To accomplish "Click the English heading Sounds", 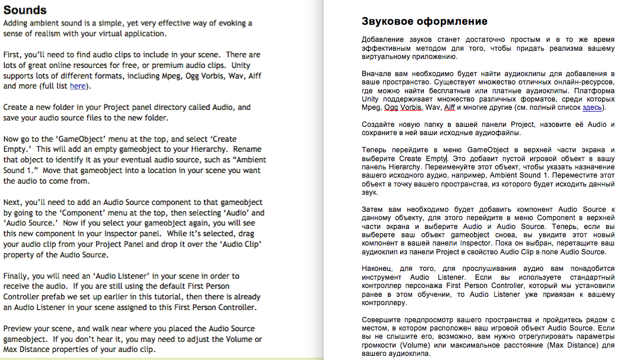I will (x=25, y=10).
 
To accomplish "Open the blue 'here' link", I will (x=78, y=86).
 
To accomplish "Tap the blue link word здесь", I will (x=592, y=107).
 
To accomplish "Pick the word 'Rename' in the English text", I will (x=247, y=149).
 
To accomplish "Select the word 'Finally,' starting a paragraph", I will (x=19, y=276).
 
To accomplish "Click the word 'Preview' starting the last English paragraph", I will (x=18, y=329).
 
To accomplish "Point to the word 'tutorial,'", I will (x=191, y=297).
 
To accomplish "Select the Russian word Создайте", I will (x=381, y=125).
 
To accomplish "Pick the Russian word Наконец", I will (x=379, y=269).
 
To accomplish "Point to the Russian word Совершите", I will (x=384, y=320).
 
